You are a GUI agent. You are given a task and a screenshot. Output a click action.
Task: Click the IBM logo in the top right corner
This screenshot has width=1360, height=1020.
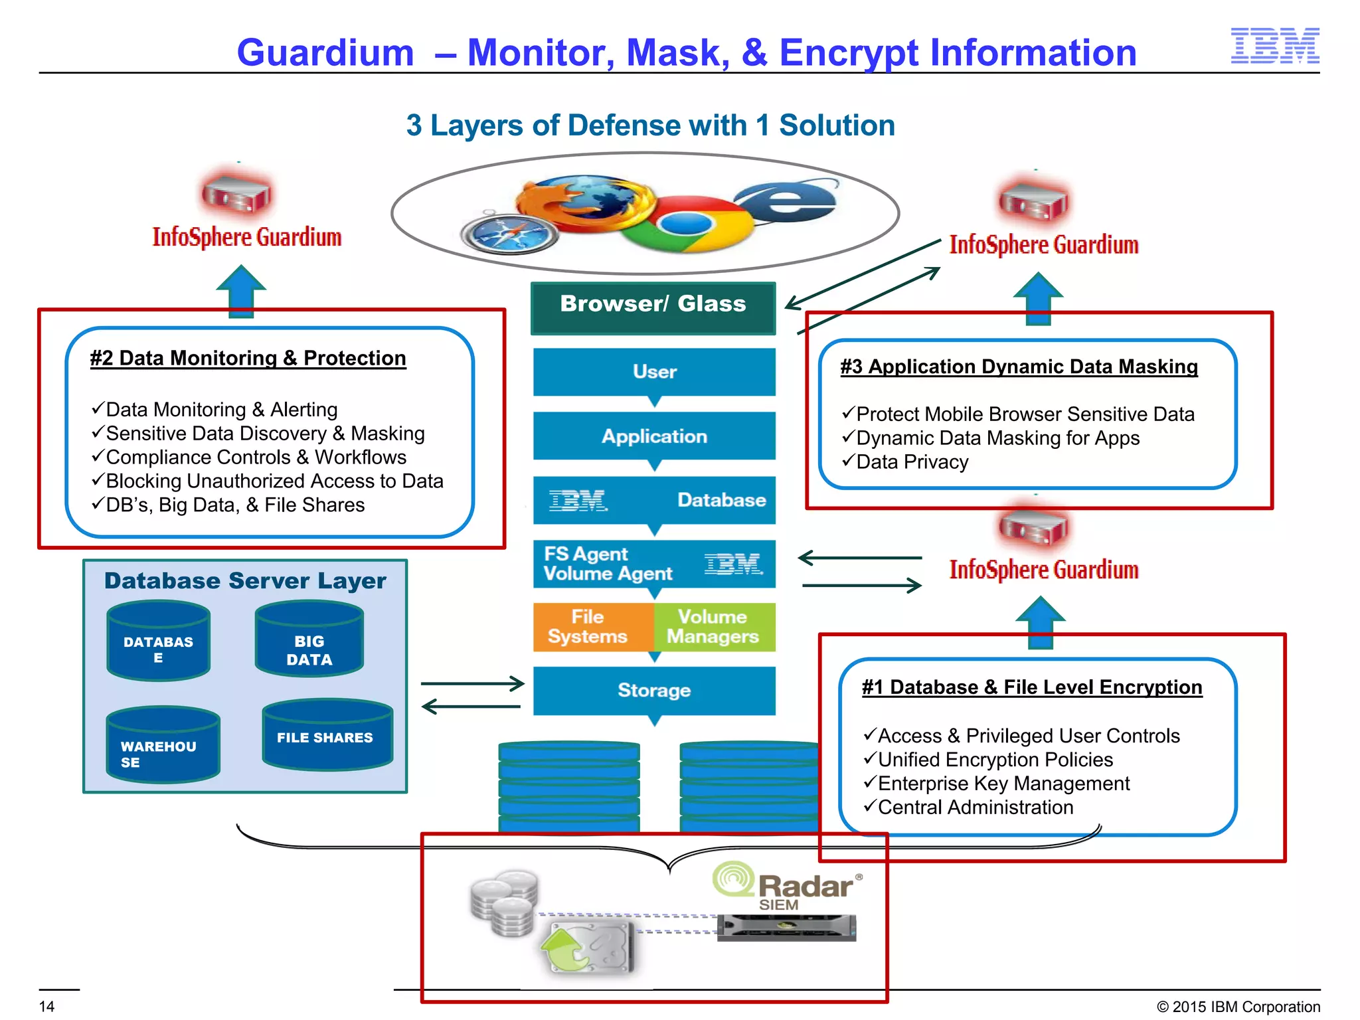pyautogui.click(x=1274, y=46)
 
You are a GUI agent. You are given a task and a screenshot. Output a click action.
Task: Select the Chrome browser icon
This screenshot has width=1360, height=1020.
pyautogui.click(x=687, y=223)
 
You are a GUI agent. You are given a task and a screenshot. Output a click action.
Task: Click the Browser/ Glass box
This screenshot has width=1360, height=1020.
pyautogui.click(x=653, y=306)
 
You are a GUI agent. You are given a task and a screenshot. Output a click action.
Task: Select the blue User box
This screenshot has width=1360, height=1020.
pyautogui.click(x=654, y=372)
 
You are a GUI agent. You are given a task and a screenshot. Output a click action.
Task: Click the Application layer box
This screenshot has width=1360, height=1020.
pyautogui.click(x=654, y=436)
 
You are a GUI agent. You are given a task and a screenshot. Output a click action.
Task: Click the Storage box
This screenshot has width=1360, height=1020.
pyautogui.click(x=654, y=691)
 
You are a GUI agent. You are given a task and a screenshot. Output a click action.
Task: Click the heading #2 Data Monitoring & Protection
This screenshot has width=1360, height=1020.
pyautogui.click(x=248, y=359)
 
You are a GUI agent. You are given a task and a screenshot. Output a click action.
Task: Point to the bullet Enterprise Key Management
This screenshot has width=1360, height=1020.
pyautogui.click(x=1003, y=784)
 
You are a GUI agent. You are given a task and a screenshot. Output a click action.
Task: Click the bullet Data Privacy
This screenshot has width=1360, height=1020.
pyautogui.click(x=912, y=462)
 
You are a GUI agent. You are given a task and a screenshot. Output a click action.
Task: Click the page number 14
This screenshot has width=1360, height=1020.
pyautogui.click(x=46, y=1006)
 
